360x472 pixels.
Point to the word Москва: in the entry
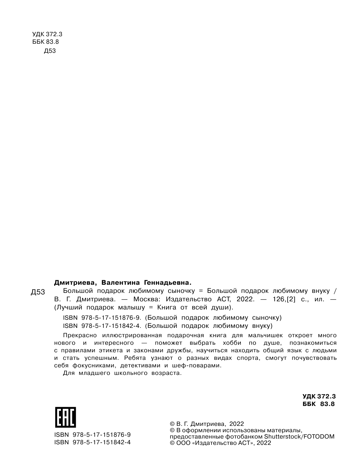[x=145, y=299]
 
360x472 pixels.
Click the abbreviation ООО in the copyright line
[x=183, y=443]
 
